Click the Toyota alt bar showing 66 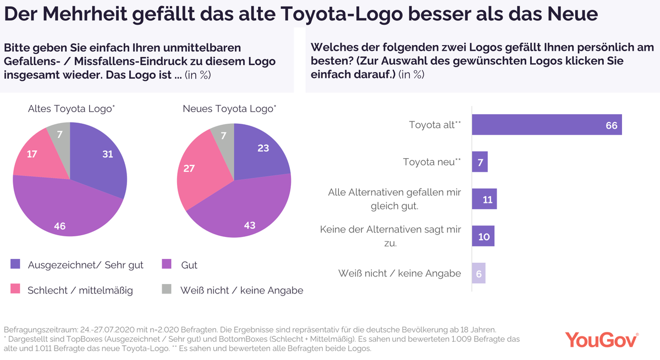coord(547,125)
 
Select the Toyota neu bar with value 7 coord(480,162)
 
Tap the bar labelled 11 coord(484,199)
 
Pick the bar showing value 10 coord(483,236)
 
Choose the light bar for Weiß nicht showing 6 coord(479,273)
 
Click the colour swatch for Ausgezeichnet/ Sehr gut coord(15,264)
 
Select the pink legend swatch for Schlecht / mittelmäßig coord(15,289)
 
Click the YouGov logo coord(602,340)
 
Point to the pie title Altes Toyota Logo coord(71,109)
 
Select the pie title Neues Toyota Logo coord(229,109)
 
